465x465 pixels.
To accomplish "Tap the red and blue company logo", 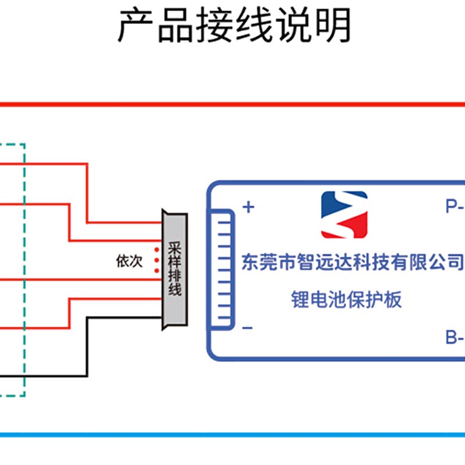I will click(344, 214).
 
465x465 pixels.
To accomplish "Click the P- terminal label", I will click(453, 206).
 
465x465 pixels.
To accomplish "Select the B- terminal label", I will click(453, 337).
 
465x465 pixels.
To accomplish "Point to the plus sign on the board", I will click(248, 207).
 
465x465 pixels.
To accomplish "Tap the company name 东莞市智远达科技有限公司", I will click(352, 262).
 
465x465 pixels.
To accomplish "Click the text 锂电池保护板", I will click(346, 300).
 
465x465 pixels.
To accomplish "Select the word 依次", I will click(129, 262).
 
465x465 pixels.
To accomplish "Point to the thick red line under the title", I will click(233, 105).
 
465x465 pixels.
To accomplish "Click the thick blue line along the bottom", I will click(233, 434).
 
